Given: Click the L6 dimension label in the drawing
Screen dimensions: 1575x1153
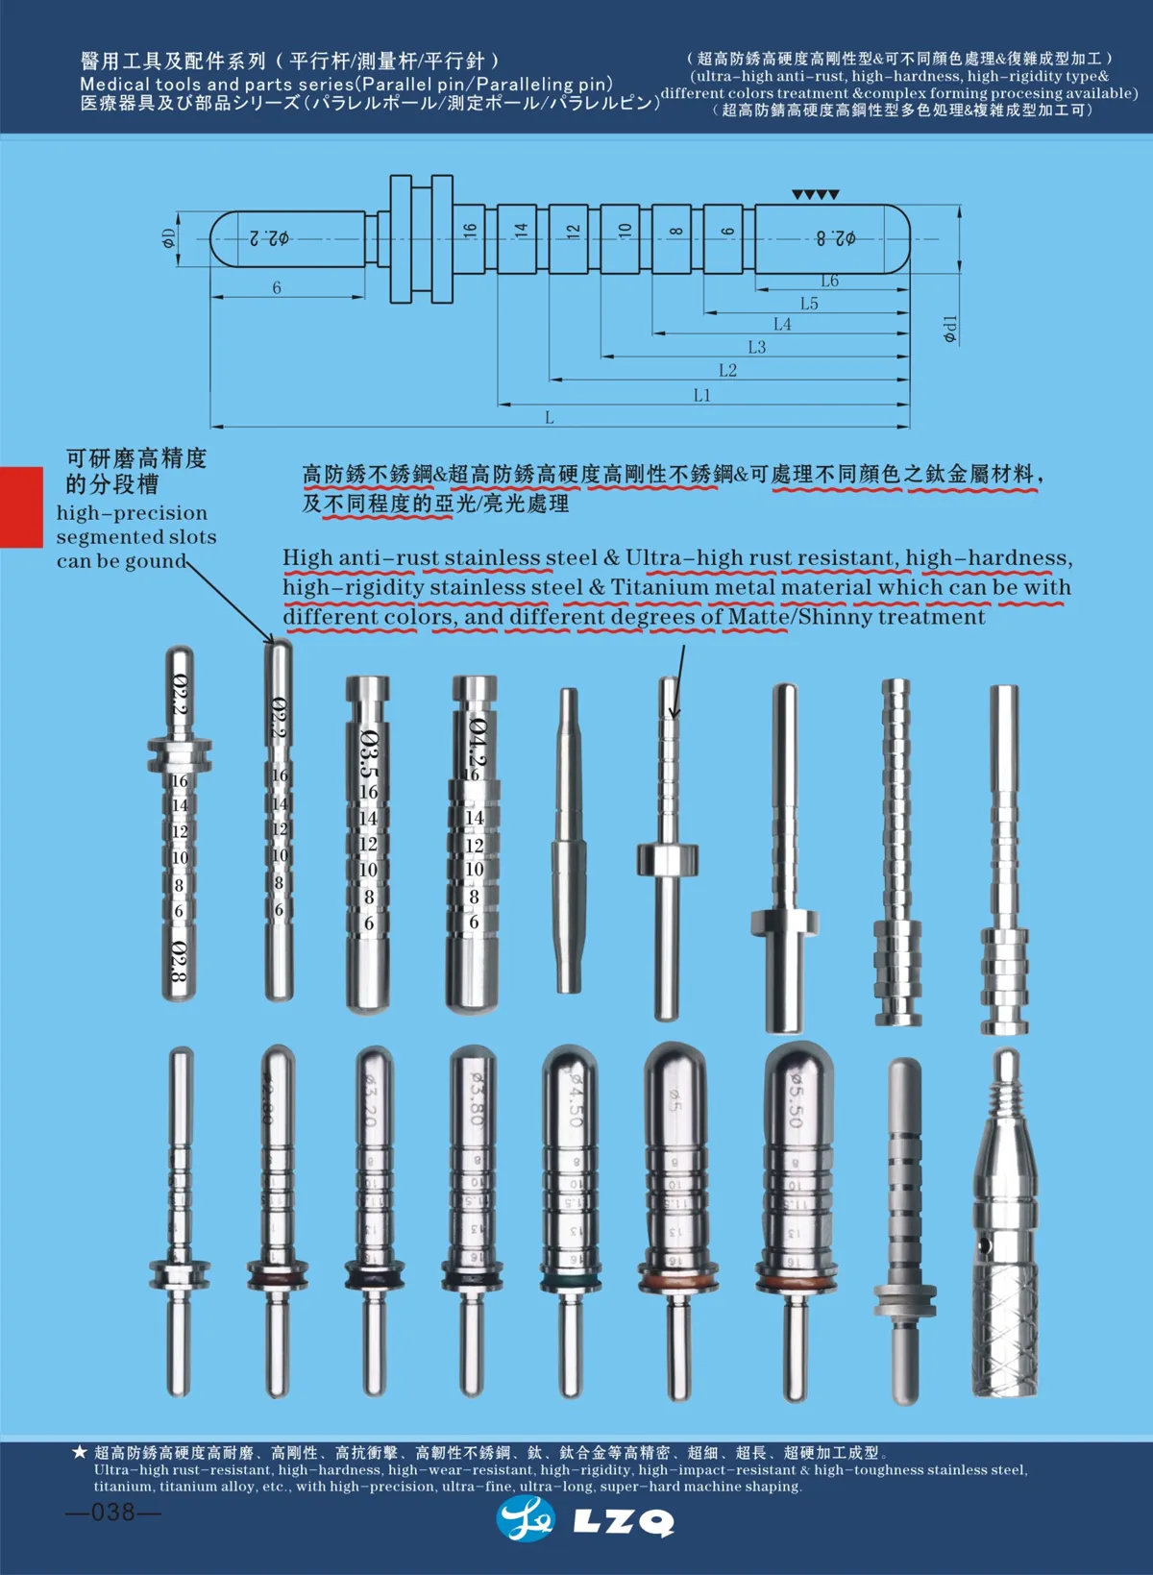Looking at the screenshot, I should coord(829,281).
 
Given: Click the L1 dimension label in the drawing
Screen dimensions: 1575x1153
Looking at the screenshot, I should coord(702,395).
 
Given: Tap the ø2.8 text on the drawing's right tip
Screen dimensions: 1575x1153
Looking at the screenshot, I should coord(836,237).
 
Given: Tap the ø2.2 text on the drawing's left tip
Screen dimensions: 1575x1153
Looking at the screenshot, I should coord(270,237).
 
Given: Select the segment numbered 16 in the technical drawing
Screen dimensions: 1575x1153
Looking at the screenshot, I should coord(469,231).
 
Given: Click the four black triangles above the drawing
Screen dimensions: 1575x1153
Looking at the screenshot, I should coord(816,195).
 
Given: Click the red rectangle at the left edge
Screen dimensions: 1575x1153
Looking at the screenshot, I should coord(21,506).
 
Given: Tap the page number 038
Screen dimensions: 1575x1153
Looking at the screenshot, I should coord(113,1512).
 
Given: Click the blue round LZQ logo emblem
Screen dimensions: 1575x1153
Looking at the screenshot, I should coord(527,1519).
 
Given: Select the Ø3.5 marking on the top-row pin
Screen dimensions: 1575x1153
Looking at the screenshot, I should coord(369,754).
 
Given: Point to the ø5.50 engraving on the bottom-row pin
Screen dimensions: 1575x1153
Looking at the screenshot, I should coord(797,1100).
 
